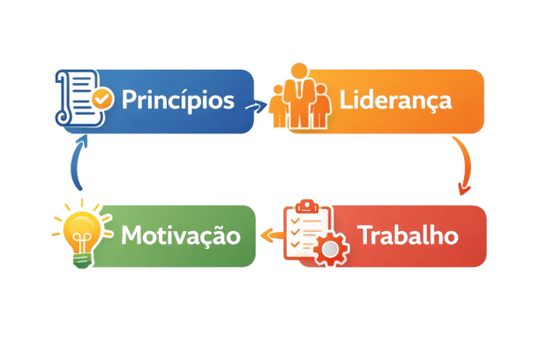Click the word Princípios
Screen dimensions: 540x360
178,99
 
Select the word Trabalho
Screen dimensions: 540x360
408,236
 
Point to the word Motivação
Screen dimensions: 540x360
181,236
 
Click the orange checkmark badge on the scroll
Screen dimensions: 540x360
103,98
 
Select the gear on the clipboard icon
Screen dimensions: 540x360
332,250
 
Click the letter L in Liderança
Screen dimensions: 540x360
346,99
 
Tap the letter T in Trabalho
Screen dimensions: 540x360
365,236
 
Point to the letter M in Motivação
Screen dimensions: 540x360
131,236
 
